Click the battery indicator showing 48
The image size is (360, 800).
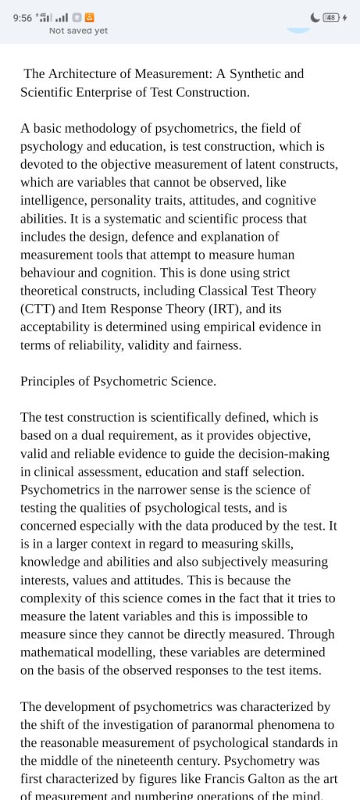330,18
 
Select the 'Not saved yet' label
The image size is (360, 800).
78,31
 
